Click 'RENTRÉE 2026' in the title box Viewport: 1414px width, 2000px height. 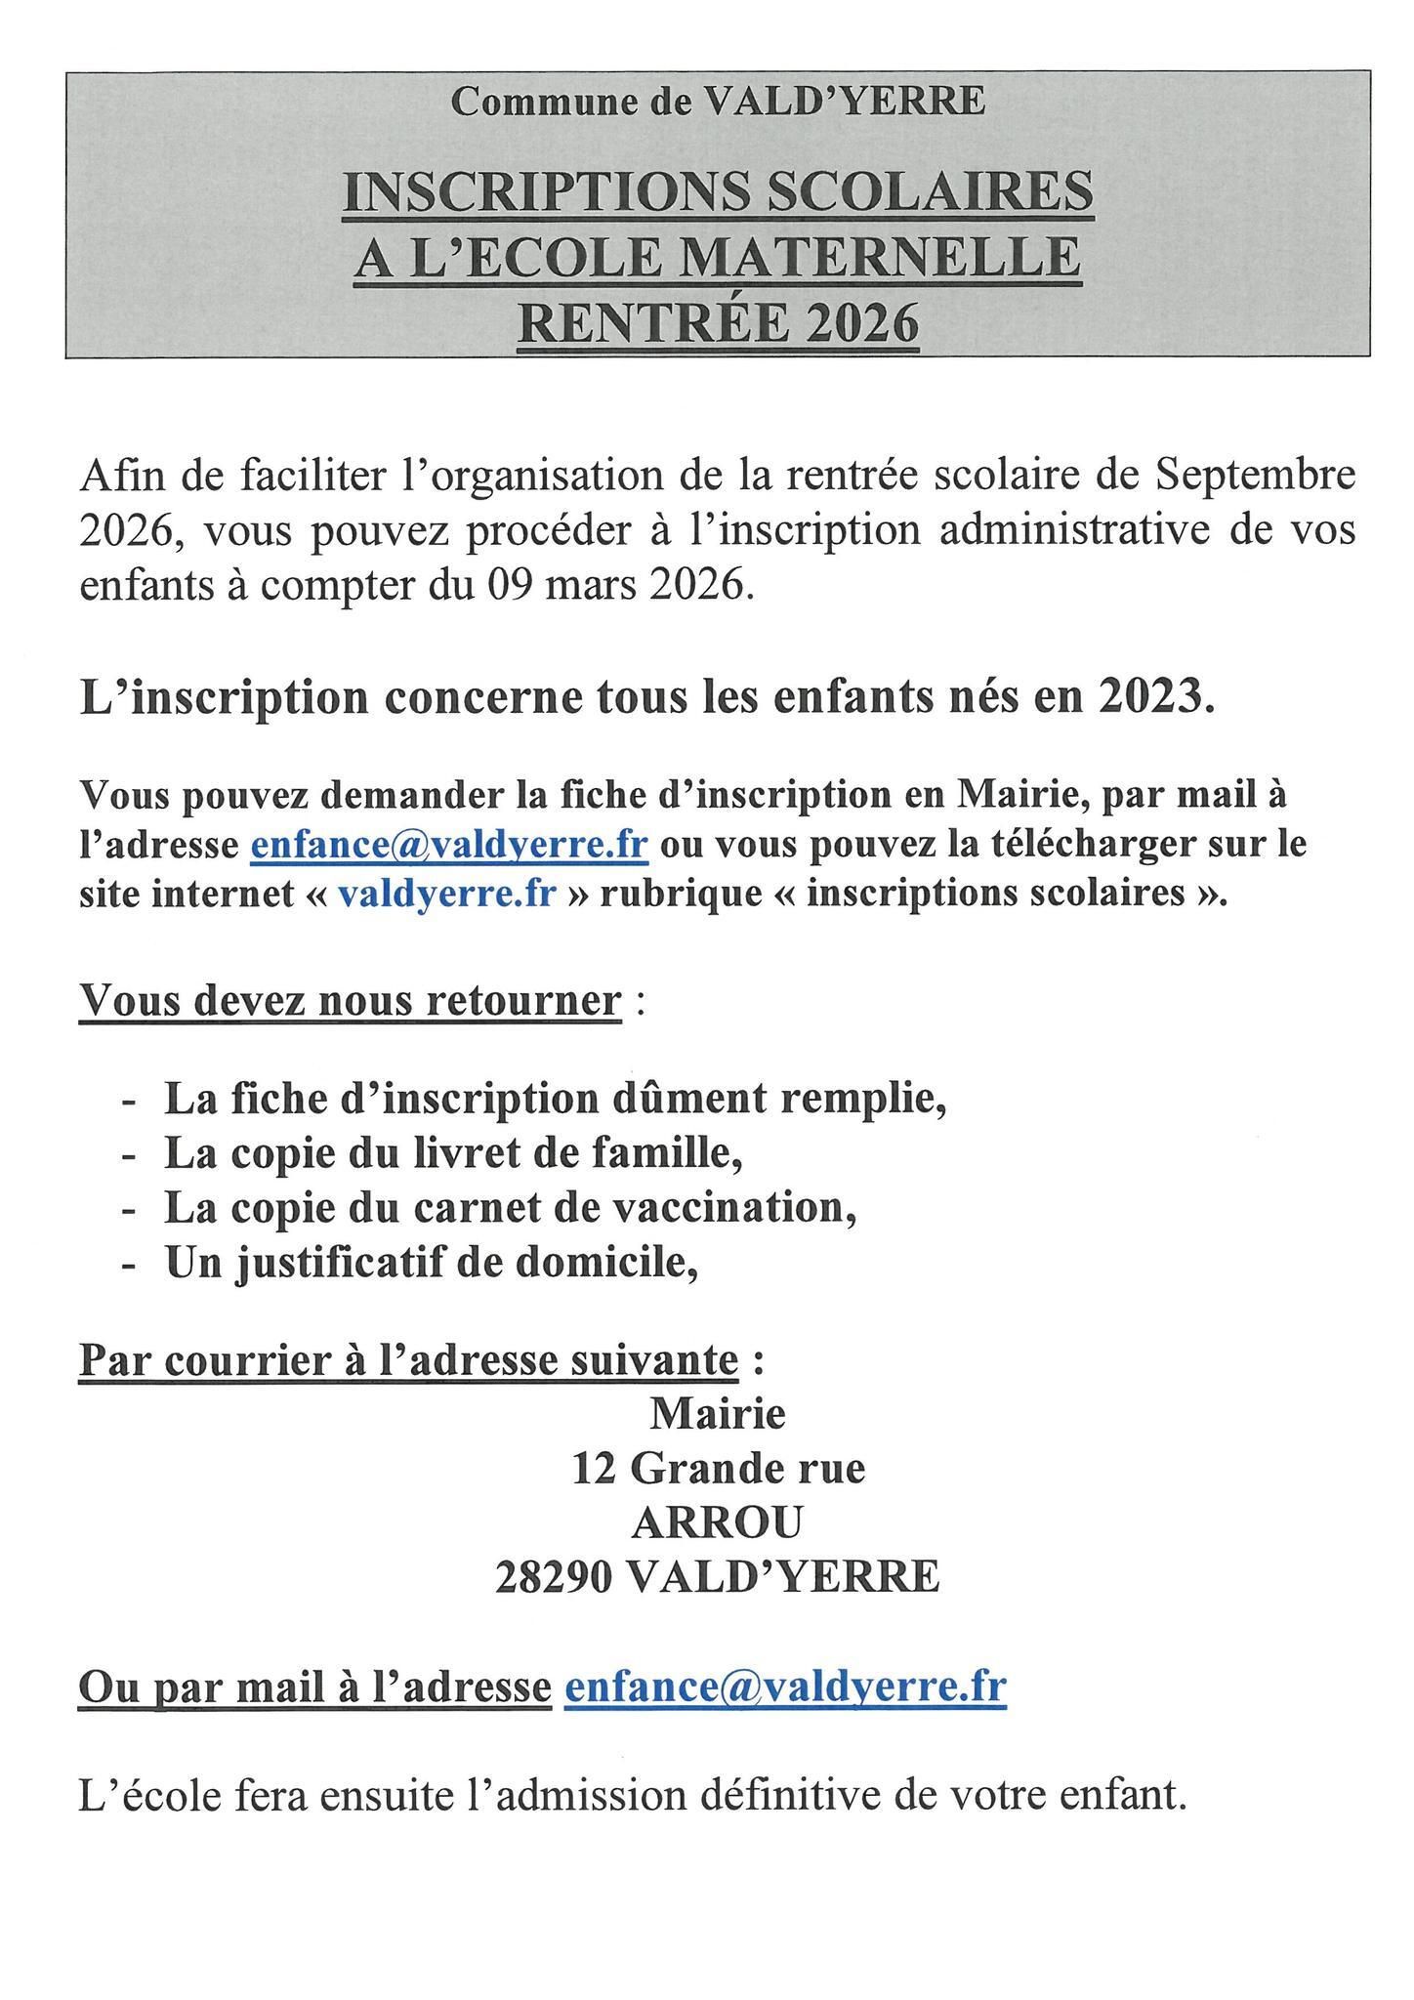click(718, 322)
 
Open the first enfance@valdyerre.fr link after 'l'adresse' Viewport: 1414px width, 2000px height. click(449, 843)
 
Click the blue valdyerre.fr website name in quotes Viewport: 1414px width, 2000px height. click(446, 894)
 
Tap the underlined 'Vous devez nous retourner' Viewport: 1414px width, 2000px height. click(350, 1000)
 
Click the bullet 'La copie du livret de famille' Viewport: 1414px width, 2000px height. click(453, 1154)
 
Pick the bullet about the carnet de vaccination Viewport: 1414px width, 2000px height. click(510, 1209)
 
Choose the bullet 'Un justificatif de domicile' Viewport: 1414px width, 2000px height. click(431, 1264)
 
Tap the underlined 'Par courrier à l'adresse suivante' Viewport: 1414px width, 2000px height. click(408, 1359)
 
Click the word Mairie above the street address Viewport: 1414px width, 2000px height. click(718, 1413)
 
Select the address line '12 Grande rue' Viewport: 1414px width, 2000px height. click(718, 1468)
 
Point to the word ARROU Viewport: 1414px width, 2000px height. click(718, 1522)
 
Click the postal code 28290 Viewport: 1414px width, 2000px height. click(554, 1577)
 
